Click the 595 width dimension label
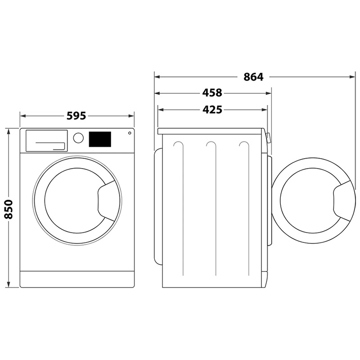(x=76, y=116)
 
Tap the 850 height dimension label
(x=9, y=209)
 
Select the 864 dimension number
(x=253, y=77)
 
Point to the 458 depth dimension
(x=212, y=93)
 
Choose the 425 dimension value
(x=212, y=110)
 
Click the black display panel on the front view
(x=100, y=139)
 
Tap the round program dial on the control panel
(x=78, y=138)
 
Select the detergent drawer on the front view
(x=47, y=141)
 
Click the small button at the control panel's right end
(x=130, y=133)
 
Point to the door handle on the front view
(x=106, y=201)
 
